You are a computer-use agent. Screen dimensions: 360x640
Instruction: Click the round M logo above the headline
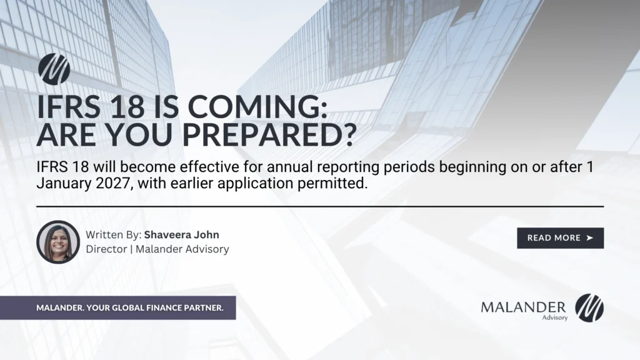coord(54,69)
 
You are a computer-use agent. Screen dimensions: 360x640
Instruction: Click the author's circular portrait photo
coord(58,242)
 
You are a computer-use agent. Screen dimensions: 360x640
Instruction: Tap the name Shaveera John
coord(182,236)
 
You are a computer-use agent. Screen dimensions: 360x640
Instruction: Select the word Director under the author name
coord(106,249)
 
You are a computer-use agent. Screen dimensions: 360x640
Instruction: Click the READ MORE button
coord(560,238)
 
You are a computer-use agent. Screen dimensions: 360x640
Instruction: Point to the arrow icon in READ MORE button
coord(589,238)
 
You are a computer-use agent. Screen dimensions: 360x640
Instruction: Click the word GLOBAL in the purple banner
coord(128,308)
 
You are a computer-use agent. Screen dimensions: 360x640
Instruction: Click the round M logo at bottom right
coord(589,308)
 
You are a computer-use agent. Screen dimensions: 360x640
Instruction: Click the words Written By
coord(114,236)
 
